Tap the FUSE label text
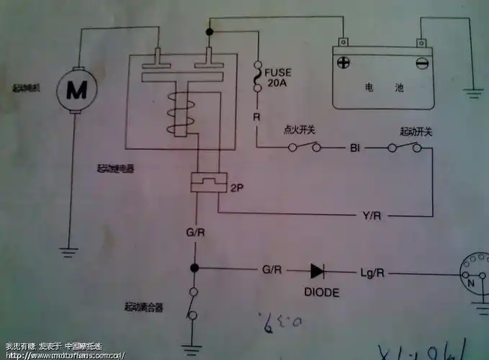[277, 72]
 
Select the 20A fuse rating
[277, 83]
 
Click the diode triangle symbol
[318, 271]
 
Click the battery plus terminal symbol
[344, 63]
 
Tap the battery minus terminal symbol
[422, 63]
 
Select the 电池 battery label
[380, 89]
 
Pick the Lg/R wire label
[372, 272]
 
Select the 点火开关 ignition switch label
[300, 132]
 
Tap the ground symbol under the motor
[69, 252]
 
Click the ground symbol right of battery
[472, 91]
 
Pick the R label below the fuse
[256, 115]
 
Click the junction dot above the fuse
[210, 32]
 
